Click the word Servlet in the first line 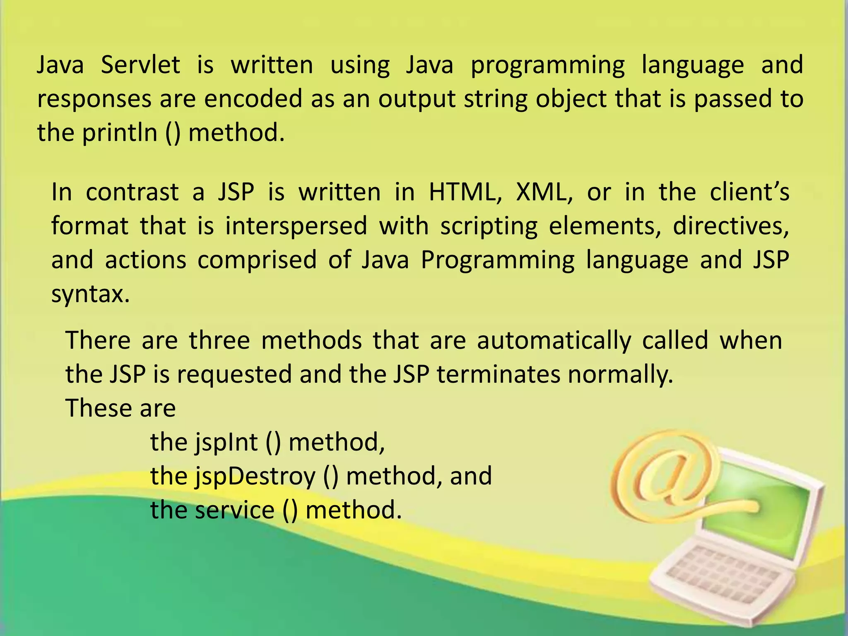(140, 65)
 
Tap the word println (120, 133)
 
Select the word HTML (465, 192)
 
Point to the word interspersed (296, 226)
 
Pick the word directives (731, 226)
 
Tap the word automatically (554, 340)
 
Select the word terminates (499, 374)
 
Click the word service (235, 510)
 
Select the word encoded (253, 99)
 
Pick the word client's (749, 192)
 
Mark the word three (219, 340)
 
